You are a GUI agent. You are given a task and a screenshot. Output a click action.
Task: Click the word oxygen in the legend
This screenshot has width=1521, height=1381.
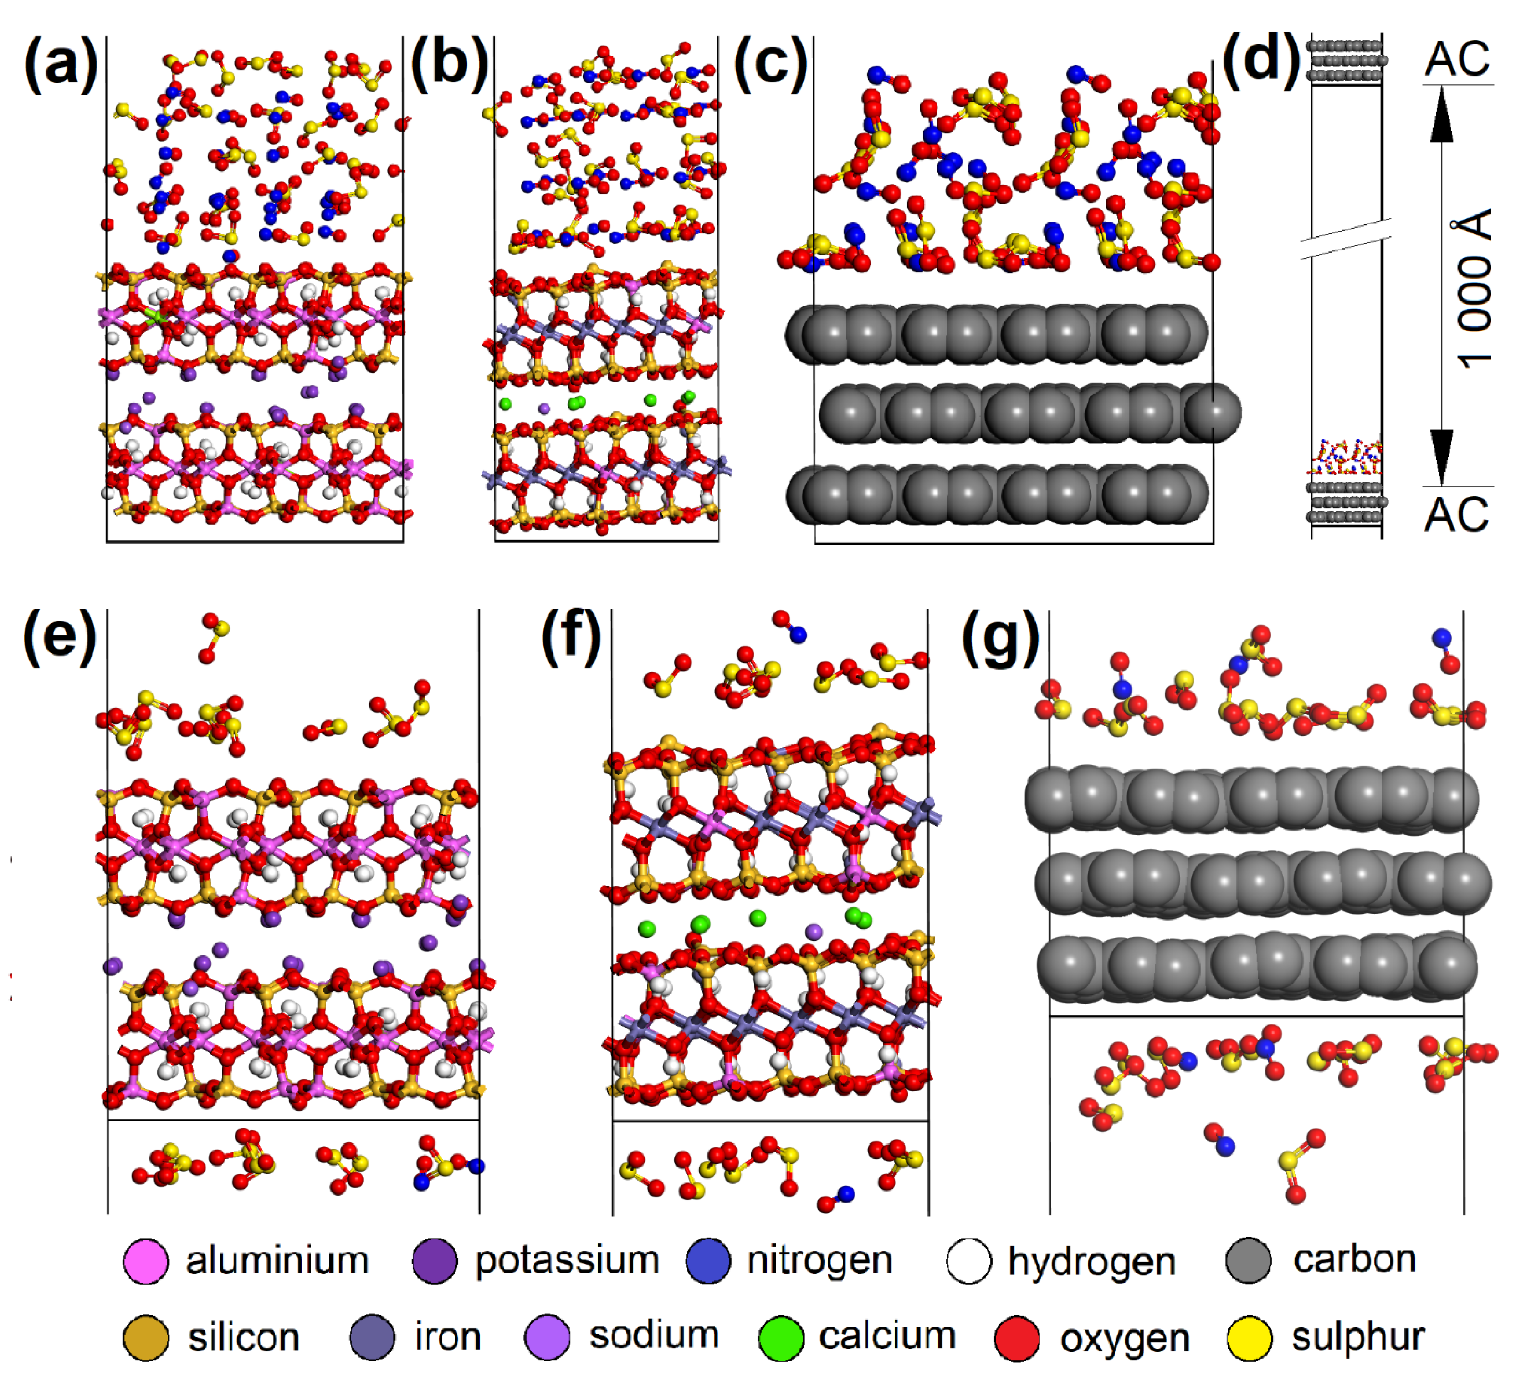pyautogui.click(x=1125, y=1339)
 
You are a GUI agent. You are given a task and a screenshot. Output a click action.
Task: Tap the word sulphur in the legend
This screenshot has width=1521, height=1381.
pyautogui.click(x=1358, y=1337)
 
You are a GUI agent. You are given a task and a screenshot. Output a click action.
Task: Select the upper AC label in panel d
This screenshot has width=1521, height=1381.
pyautogui.click(x=1457, y=59)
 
